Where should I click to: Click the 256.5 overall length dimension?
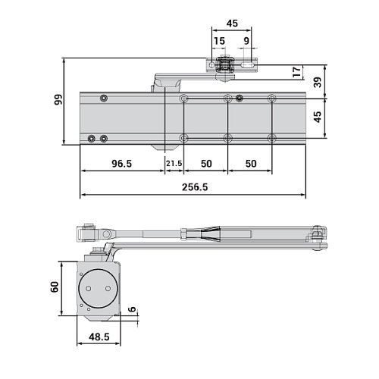click(x=195, y=187)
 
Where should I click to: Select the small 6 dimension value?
click(x=132, y=310)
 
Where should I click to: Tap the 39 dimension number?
click(x=318, y=81)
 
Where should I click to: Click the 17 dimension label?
click(x=296, y=72)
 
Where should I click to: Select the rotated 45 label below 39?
click(x=318, y=116)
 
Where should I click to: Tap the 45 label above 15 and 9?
click(x=233, y=23)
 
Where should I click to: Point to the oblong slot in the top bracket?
click(x=248, y=67)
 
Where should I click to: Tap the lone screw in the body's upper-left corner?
click(x=103, y=98)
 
